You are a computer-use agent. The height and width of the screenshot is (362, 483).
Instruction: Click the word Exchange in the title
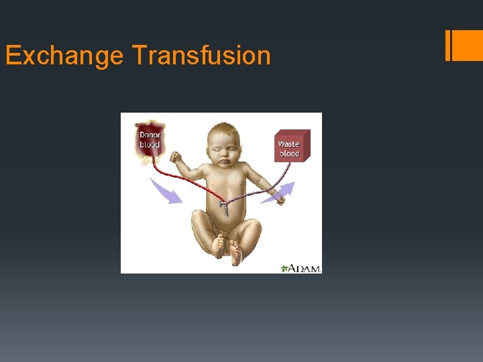click(x=64, y=55)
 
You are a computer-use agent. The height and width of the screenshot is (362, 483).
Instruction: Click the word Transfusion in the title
click(x=201, y=55)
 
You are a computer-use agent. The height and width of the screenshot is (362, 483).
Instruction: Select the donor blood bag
click(x=150, y=141)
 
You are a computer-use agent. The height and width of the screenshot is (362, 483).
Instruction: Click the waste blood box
click(x=292, y=146)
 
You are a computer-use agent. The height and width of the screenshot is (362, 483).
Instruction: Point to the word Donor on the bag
click(x=150, y=135)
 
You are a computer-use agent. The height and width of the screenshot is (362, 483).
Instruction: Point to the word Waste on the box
click(x=288, y=143)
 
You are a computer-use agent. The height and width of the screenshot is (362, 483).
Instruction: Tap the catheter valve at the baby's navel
click(x=226, y=205)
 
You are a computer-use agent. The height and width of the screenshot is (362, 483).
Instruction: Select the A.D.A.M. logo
click(x=301, y=267)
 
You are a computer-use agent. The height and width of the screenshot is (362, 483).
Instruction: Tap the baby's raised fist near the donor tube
click(x=176, y=158)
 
